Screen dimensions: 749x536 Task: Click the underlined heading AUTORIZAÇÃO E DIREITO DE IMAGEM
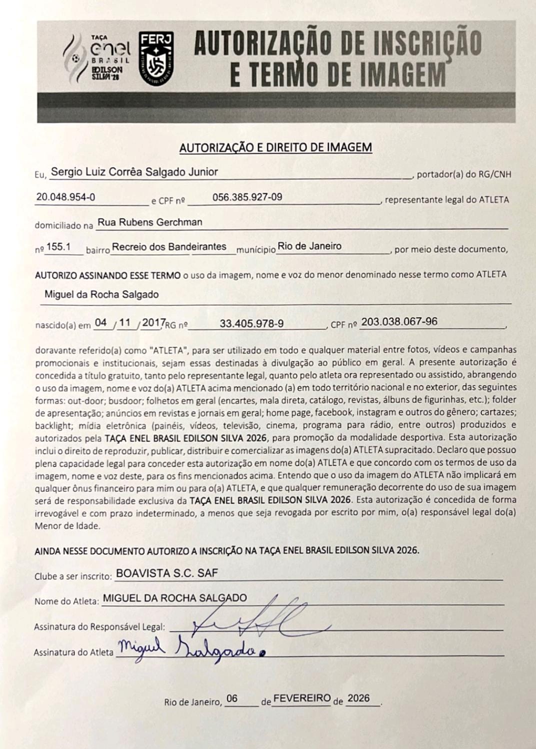275,148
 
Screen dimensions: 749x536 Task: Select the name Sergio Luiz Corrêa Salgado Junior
134,172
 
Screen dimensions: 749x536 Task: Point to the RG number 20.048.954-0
65,197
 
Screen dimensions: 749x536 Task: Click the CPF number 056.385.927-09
247,197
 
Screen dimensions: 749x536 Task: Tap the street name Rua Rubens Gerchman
149,222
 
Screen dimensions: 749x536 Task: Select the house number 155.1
58,247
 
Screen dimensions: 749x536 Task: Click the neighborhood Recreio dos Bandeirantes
169,247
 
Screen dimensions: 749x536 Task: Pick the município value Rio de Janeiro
309,246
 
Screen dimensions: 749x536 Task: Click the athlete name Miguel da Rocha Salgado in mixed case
101,294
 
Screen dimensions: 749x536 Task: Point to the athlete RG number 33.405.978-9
251,324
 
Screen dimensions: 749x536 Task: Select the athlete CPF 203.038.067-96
399,322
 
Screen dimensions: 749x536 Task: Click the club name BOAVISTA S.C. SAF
166,573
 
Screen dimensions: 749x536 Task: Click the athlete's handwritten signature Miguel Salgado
190,650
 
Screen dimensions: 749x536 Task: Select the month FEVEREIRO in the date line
302,698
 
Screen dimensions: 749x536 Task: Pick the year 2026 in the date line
358,698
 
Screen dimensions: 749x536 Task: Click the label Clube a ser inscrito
73,576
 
